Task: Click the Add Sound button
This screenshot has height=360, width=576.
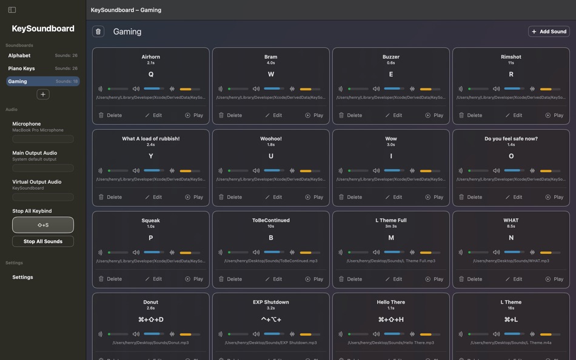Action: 549,32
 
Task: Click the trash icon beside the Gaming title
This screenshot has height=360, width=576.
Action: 98,32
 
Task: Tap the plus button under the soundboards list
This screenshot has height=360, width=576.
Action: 42,95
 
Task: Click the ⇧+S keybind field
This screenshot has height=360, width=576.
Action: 43,225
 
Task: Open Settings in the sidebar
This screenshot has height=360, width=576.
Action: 23,277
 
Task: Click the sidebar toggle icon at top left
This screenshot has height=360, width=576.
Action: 12,10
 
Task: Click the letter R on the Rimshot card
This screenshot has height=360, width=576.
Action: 511,74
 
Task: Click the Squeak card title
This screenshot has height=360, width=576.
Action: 151,221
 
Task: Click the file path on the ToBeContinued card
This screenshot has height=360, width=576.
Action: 271,261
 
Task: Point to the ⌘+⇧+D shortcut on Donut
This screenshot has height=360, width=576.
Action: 151,319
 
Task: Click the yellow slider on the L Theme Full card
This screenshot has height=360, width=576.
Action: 427,253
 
